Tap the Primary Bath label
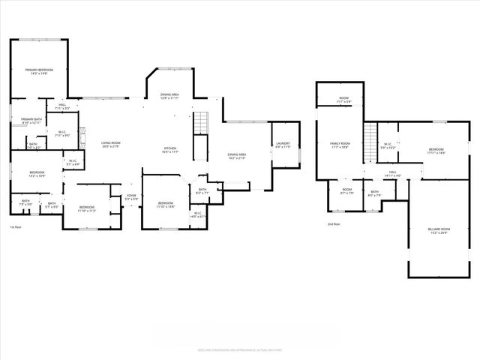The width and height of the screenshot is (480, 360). tap(31, 121)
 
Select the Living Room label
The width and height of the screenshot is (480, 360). tap(111, 144)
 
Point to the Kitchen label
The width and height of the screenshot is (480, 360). tap(170, 150)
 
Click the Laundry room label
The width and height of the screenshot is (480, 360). tap(283, 145)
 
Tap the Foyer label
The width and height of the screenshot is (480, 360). tap(130, 197)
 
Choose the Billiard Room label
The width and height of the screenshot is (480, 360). tap(439, 230)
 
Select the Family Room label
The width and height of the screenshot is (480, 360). tap(341, 145)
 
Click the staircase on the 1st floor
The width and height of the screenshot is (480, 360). tap(200, 124)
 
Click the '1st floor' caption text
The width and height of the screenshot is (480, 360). tap(16, 226)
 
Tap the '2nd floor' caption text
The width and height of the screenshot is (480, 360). tap(334, 224)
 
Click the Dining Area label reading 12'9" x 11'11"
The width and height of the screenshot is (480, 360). tap(169, 97)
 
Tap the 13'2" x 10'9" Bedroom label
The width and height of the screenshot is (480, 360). tap(37, 174)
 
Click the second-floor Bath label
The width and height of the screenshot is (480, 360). tap(373, 193)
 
